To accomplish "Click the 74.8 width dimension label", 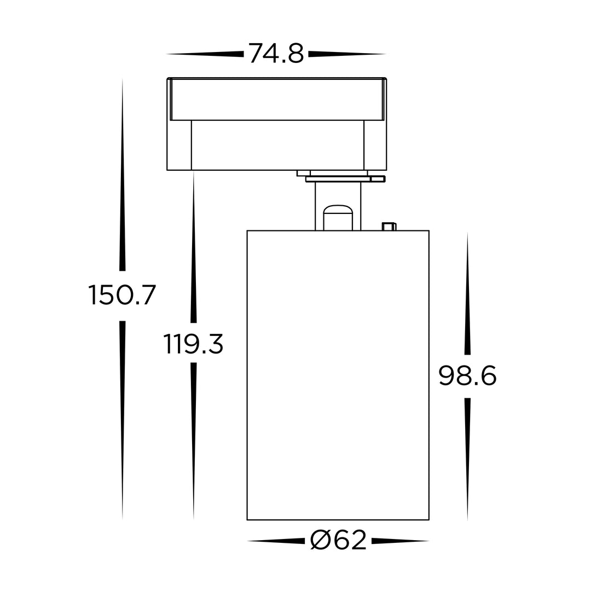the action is click(x=276, y=54).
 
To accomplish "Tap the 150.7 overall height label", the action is click(x=121, y=295).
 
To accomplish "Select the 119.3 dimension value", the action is click(x=193, y=344).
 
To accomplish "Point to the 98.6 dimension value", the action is click(x=467, y=376).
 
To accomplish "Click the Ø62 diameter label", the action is click(x=338, y=540).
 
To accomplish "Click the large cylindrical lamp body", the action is click(x=338, y=375).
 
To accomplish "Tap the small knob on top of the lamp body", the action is click(x=389, y=226).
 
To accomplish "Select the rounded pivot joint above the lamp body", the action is click(x=338, y=217).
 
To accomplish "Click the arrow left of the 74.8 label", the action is click(x=205, y=54).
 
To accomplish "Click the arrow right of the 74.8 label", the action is click(x=347, y=54).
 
